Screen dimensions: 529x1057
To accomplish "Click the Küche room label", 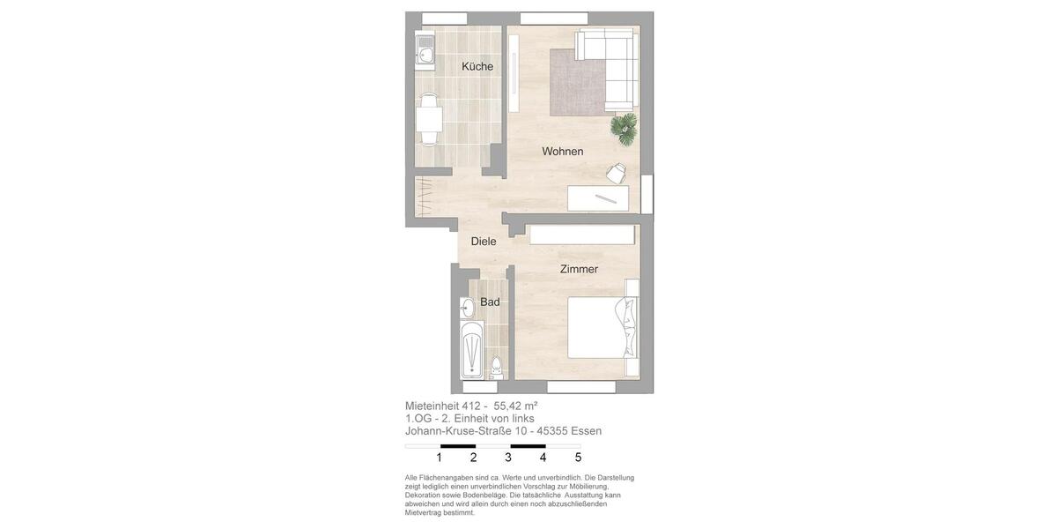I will tap(477, 67).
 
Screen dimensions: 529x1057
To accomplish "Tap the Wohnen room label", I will tap(562, 152).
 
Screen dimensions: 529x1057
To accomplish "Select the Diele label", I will tap(484, 242).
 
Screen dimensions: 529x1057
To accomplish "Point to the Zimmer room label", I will tap(579, 270).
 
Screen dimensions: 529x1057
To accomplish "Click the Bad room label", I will tap(490, 302).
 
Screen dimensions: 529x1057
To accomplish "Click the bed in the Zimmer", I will tap(600, 327).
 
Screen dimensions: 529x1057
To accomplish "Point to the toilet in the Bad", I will tap(496, 367).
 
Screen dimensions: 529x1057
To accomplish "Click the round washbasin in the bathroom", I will tap(468, 308).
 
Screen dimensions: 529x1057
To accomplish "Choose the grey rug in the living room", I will tap(577, 82).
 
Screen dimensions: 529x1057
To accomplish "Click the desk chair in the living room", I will tap(616, 172).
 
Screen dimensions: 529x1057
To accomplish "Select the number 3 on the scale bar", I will tap(508, 458).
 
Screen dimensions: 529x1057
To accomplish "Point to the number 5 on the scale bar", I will tap(578, 458).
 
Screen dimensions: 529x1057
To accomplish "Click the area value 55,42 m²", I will tap(515, 406).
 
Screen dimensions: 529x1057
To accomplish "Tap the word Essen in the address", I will tap(586, 431).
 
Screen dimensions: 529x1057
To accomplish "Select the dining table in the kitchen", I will tap(430, 117).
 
